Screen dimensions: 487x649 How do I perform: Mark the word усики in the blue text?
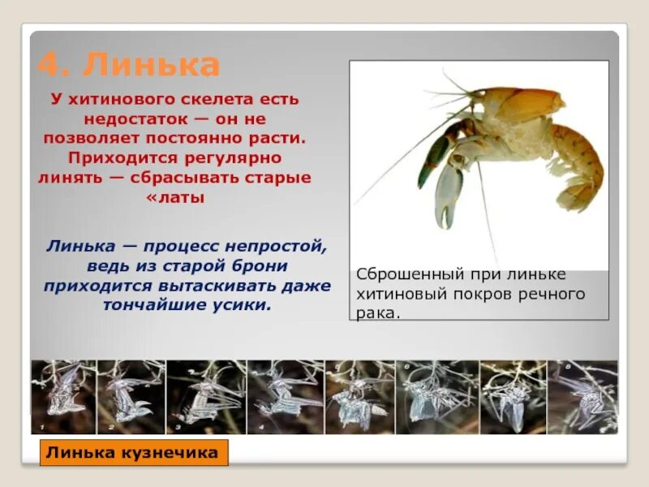240,305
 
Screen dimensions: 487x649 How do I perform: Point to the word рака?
377,312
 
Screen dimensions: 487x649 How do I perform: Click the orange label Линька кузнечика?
133,453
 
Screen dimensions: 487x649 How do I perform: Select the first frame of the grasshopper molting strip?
63,397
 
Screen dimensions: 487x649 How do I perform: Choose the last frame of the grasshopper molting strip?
582,397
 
